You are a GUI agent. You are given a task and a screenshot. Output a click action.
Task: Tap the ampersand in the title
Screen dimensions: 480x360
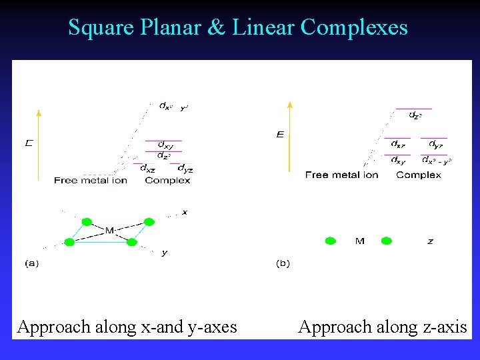coord(219,27)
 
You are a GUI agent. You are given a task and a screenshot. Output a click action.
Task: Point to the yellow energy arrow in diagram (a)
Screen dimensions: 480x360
coord(39,143)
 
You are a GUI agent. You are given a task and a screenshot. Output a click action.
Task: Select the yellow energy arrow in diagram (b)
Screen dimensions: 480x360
coord(289,137)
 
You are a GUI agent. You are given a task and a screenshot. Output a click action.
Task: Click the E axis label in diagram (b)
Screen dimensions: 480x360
coord(280,135)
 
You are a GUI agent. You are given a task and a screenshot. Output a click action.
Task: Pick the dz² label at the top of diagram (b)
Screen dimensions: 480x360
coord(415,115)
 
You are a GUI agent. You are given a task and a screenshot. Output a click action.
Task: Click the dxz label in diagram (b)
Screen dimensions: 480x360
coord(398,144)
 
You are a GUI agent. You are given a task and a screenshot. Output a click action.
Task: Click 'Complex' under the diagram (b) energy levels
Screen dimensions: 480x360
coord(419,175)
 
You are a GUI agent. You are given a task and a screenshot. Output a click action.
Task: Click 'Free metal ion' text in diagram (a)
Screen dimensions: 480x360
coord(90,180)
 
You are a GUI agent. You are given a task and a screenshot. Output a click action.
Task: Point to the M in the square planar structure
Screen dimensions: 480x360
coord(109,231)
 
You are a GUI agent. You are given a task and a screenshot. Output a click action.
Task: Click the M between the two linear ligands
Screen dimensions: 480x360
coord(360,241)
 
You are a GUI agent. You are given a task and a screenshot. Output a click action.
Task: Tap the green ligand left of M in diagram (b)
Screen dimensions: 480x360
coord(330,241)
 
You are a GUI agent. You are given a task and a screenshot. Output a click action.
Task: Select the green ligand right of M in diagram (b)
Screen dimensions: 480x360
coord(386,241)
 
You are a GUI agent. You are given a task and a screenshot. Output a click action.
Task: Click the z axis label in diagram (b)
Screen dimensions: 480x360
coord(430,241)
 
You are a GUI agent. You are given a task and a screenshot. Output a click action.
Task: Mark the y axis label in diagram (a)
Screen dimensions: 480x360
coord(164,252)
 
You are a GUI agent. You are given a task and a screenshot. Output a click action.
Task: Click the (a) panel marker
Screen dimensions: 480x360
coord(31,263)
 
